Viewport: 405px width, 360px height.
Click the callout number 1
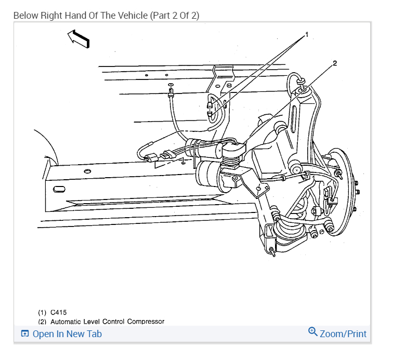(307, 34)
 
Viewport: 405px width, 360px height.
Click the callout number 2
(335, 63)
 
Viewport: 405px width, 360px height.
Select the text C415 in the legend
(58, 313)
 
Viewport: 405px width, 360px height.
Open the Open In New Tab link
(67, 334)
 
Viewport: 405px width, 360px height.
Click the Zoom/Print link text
(343, 334)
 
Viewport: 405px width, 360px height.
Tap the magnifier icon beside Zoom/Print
(312, 331)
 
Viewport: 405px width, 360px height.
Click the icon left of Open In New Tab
(24, 334)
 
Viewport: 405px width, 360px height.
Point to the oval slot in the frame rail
(59, 186)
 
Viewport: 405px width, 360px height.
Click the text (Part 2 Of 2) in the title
(175, 15)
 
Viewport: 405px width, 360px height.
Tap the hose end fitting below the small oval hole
(170, 95)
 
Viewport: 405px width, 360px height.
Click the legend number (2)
(42, 322)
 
